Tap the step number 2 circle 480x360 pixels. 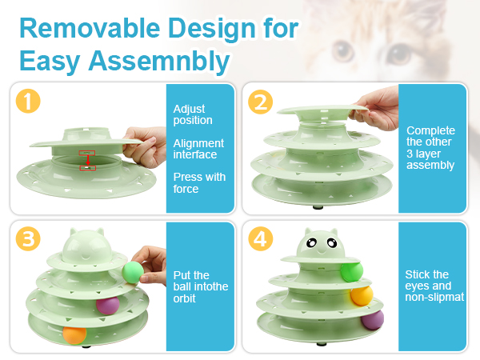[261, 102]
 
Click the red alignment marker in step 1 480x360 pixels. [87, 160]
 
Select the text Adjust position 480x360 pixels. [193, 114]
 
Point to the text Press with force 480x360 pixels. [199, 182]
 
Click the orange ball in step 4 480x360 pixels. [362, 295]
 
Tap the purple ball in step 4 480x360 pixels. [373, 321]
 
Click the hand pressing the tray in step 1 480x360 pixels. [144, 141]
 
